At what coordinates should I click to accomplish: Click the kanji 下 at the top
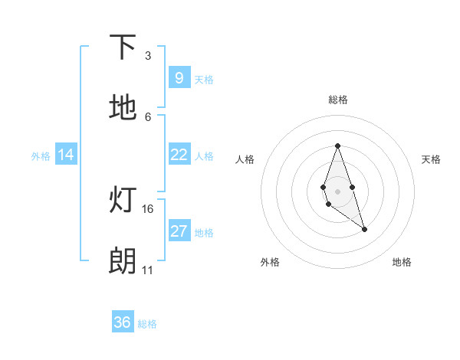coord(123,47)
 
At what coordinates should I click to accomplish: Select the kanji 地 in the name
coord(123,108)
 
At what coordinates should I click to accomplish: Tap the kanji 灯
coord(123,200)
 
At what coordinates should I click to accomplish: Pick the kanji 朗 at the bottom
coord(123,261)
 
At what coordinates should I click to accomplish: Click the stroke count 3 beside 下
coord(148,55)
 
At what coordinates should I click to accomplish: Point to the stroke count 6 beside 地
coord(148,116)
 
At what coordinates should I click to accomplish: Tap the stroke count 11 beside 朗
coord(148,270)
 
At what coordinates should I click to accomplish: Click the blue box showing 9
coord(179,77)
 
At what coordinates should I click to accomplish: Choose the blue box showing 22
coord(179,155)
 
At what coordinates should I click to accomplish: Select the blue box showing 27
coord(179,231)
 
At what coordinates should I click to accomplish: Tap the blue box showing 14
coord(66,155)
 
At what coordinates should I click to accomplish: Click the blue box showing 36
coord(123,322)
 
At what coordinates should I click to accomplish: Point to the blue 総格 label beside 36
coord(147,324)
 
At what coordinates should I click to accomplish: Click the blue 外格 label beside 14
coord(41,156)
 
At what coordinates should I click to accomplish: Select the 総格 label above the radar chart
coord(337,100)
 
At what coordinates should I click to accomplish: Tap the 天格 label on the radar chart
coord(431,159)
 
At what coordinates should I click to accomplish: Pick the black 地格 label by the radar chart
coord(402,262)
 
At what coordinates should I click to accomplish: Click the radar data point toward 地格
coord(364,229)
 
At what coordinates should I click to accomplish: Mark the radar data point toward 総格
coord(337,146)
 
